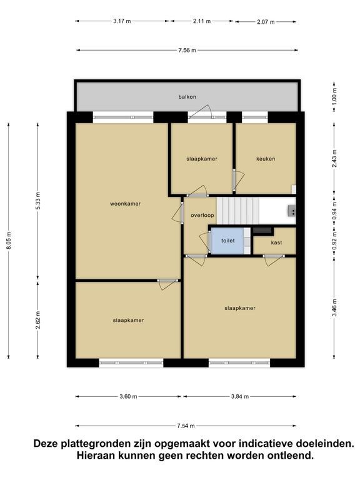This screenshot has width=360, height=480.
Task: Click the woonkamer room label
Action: tap(125, 204)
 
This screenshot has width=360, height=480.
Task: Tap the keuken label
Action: tap(266, 159)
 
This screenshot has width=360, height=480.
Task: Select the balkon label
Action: tap(187, 97)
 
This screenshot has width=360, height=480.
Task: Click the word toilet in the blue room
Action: tap(227, 241)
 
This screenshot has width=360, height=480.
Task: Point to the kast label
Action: tap(276, 242)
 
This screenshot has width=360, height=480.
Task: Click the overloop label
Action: tap(202, 215)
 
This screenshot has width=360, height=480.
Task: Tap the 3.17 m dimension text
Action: tap(122, 21)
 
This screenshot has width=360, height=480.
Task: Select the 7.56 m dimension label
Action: tap(187, 50)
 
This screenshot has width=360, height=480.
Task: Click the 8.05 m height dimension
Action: tap(9, 240)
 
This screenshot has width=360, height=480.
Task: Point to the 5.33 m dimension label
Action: tap(37, 201)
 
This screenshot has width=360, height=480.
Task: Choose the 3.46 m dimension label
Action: tap(334, 308)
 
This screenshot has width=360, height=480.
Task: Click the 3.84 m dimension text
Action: tap(240, 396)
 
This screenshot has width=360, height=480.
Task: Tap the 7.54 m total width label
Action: tap(186, 426)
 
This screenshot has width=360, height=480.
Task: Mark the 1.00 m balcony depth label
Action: tap(334, 96)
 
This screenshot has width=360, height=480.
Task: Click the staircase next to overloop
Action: tap(238, 211)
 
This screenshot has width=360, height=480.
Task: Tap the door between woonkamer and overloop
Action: tap(178, 212)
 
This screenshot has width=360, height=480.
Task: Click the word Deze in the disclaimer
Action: tap(46, 444)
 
